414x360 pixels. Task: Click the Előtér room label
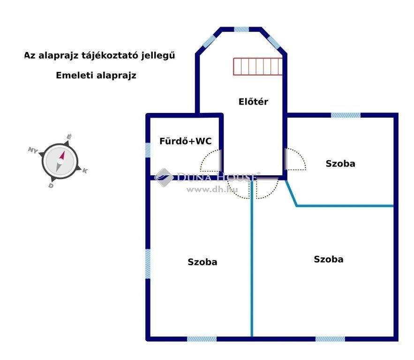coord(253,101)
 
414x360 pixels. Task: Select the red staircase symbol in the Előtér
coord(258,67)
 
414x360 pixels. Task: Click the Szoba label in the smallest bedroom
coord(340,164)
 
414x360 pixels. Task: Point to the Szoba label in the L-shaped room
coord(329,259)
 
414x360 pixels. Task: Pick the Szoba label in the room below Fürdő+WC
coord(203,262)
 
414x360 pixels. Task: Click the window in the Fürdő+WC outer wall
coord(148,150)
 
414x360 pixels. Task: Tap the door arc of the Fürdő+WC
coord(211,162)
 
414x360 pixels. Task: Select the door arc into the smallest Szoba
coord(295,159)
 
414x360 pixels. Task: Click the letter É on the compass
coord(69,136)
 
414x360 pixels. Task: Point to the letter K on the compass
coord(85,171)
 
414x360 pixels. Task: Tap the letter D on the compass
coord(51,186)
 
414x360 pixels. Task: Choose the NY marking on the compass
coord(32,150)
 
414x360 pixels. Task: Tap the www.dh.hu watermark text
coord(212,189)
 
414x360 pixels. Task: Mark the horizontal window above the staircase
coord(241,29)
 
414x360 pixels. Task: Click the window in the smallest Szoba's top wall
coord(346,115)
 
